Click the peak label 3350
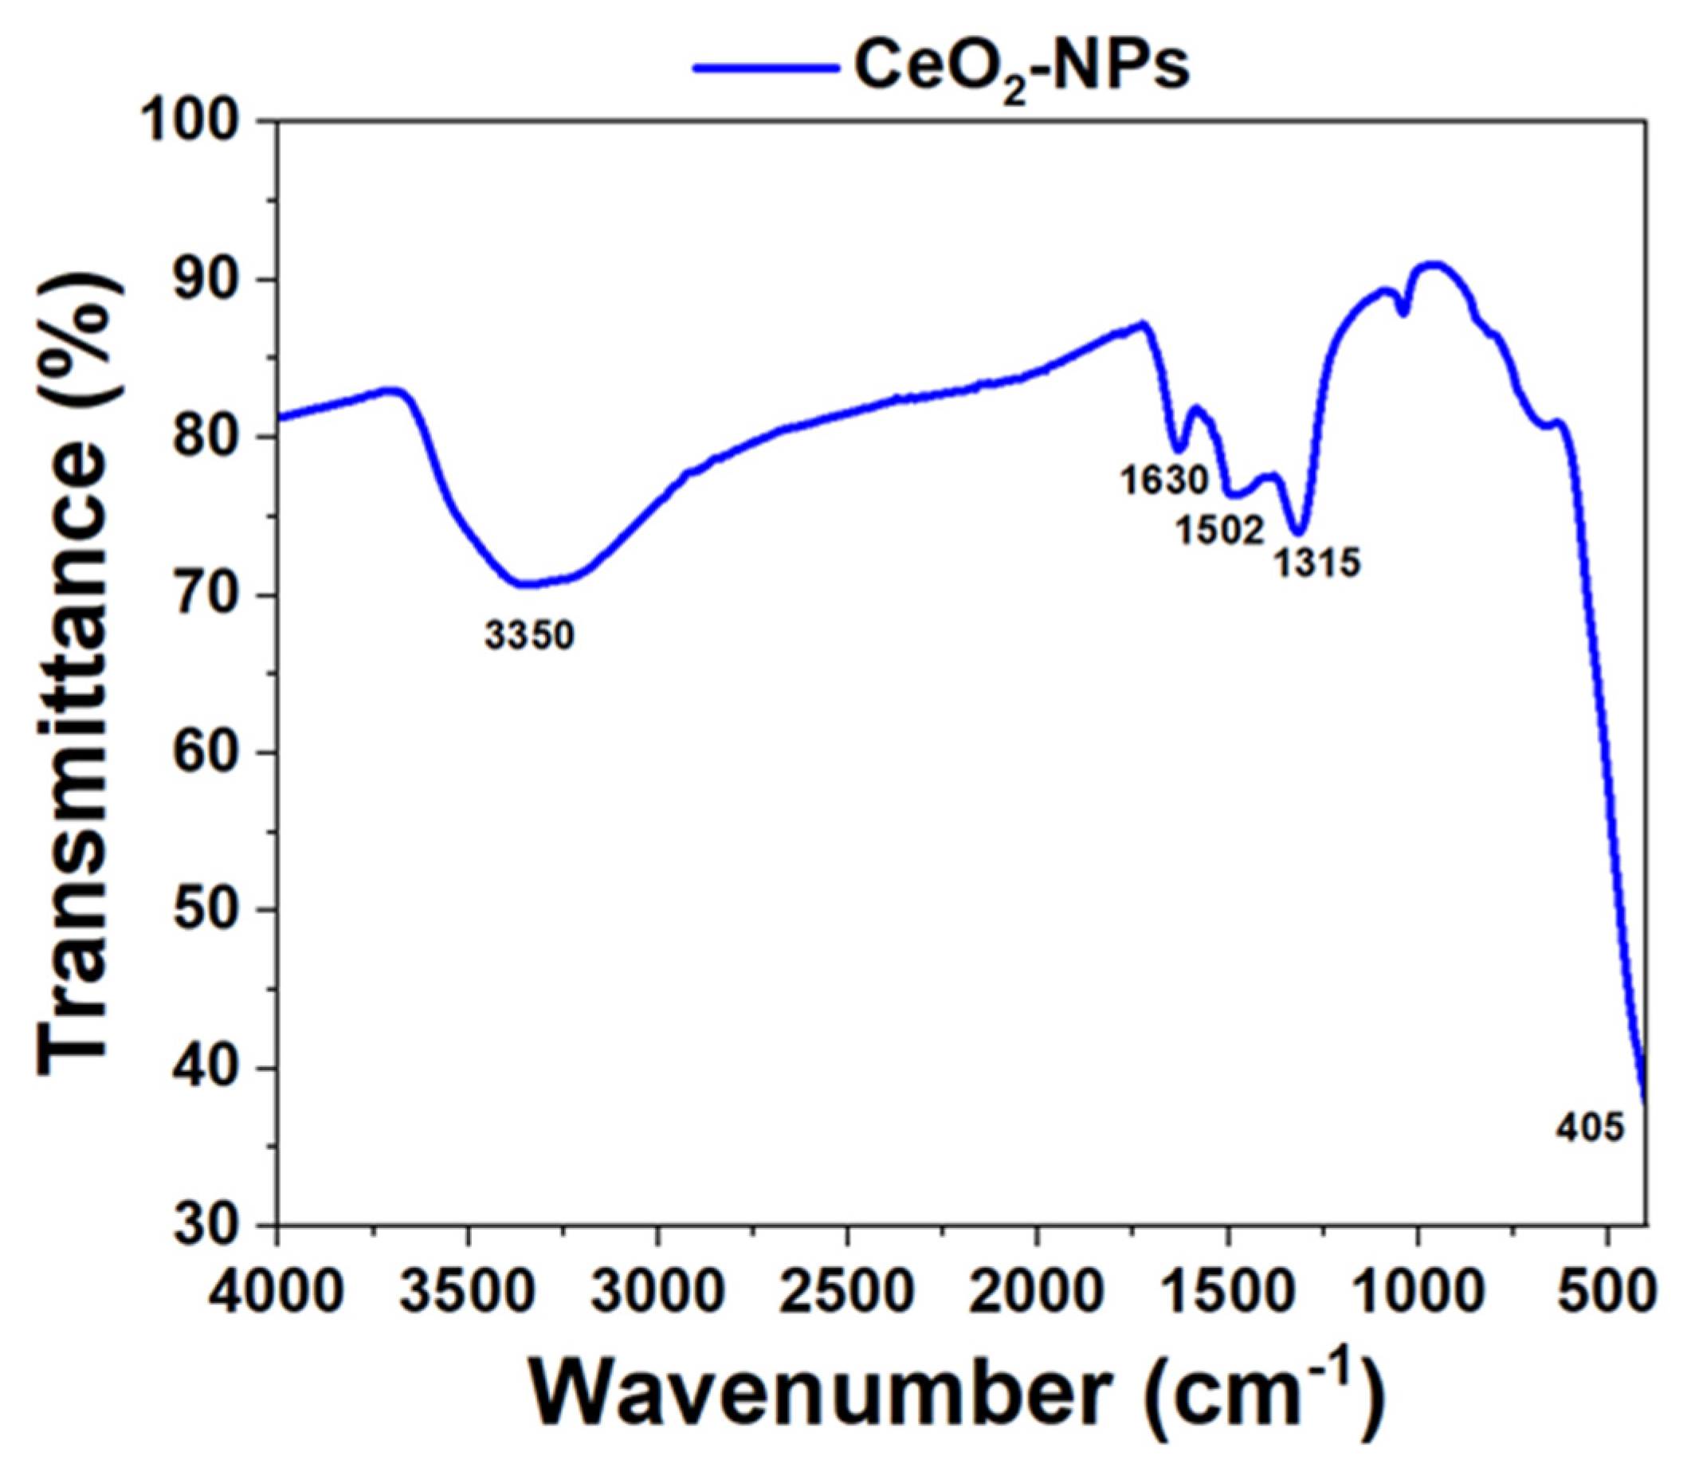[528, 636]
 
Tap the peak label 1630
[1163, 480]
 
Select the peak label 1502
[1220, 531]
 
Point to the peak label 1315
[1316, 563]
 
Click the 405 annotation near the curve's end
[1590, 1128]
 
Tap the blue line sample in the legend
[764, 68]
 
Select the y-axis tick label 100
[202, 121]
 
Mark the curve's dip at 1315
[1298, 532]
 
